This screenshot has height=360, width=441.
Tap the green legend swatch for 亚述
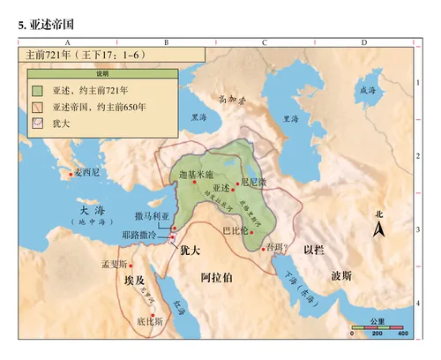[37, 90]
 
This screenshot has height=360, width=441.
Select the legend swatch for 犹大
[37, 122]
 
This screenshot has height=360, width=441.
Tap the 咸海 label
[367, 90]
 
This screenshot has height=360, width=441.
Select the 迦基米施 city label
[196, 176]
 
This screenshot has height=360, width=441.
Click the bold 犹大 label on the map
[191, 251]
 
